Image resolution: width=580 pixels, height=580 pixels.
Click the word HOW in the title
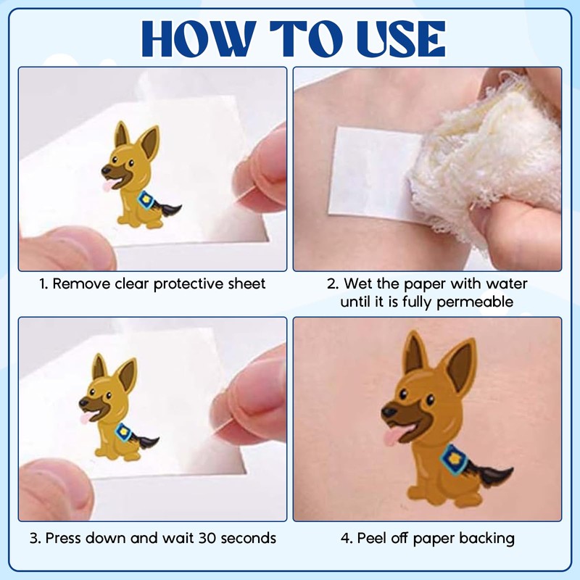tap(199, 39)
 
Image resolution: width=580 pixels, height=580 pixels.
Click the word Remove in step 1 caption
tap(81, 283)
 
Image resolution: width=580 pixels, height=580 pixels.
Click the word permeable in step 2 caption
tap(475, 302)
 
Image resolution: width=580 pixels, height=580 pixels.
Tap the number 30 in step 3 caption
tap(208, 538)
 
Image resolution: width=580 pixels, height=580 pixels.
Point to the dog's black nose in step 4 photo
tap(389, 411)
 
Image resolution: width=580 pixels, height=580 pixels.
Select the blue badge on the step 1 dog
tap(146, 201)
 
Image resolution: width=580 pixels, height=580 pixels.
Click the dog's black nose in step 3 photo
tap(83, 402)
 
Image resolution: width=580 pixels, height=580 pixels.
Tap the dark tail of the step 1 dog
tap(169, 209)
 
